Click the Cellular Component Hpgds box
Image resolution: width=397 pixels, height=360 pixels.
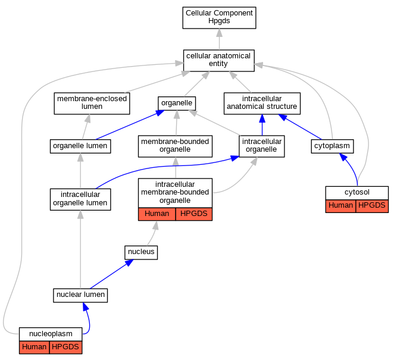pos(219,18)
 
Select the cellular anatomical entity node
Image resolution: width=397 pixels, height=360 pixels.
pos(219,61)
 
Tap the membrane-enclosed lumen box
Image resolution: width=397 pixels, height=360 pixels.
pos(92,104)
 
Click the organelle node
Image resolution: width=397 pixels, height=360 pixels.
pos(177,104)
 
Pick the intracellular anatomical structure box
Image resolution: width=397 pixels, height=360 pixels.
pos(262,104)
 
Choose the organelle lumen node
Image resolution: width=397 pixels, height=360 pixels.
pos(80,146)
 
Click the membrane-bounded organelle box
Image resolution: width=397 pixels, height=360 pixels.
pos(175,146)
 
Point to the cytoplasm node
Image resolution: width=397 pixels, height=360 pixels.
pos(332,146)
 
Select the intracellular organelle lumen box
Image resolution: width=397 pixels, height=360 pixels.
pos(80,199)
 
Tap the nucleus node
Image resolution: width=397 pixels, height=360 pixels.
pos(141,252)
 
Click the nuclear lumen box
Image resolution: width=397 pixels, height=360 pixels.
pos(80,295)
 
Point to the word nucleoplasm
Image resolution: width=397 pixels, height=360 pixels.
pos(51,334)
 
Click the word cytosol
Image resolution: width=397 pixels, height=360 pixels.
pos(357,192)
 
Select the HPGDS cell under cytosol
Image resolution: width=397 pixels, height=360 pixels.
pos(372,206)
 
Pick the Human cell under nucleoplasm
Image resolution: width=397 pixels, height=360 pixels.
pos(34,348)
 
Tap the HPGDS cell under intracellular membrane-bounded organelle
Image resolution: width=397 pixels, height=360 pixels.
pos(194,214)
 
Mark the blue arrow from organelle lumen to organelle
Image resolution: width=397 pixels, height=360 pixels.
pos(130,125)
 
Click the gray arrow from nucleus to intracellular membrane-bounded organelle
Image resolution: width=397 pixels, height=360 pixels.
pos(153,233)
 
